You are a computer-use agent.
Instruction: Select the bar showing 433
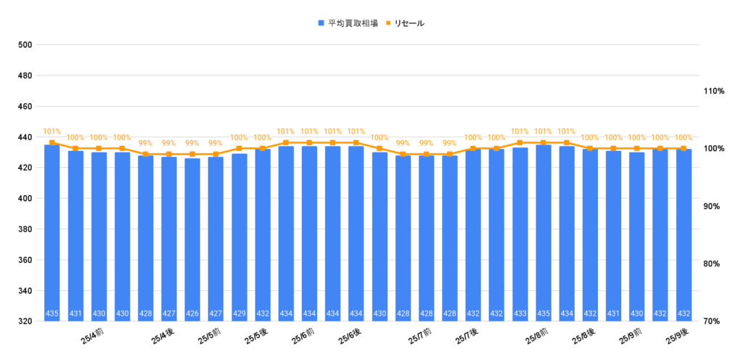tap(520, 235)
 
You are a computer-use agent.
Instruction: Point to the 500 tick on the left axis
tap(25, 45)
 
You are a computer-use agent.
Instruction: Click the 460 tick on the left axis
tap(25, 107)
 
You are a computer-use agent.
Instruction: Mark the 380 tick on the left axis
tap(25, 229)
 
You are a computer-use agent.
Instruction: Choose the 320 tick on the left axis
tap(25, 322)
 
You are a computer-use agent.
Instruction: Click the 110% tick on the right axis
tap(714, 91)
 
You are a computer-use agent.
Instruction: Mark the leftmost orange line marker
tap(52, 143)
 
